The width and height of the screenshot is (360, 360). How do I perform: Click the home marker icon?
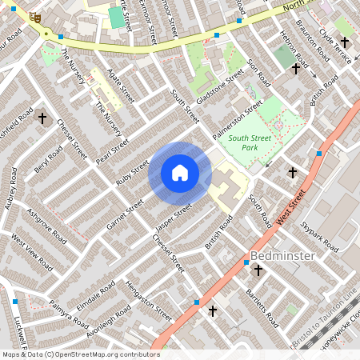(180, 173)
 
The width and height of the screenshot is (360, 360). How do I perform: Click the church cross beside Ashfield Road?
(42, 118)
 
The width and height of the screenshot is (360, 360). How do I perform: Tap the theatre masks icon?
(34, 16)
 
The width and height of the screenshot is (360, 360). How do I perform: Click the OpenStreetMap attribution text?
(81, 354)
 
